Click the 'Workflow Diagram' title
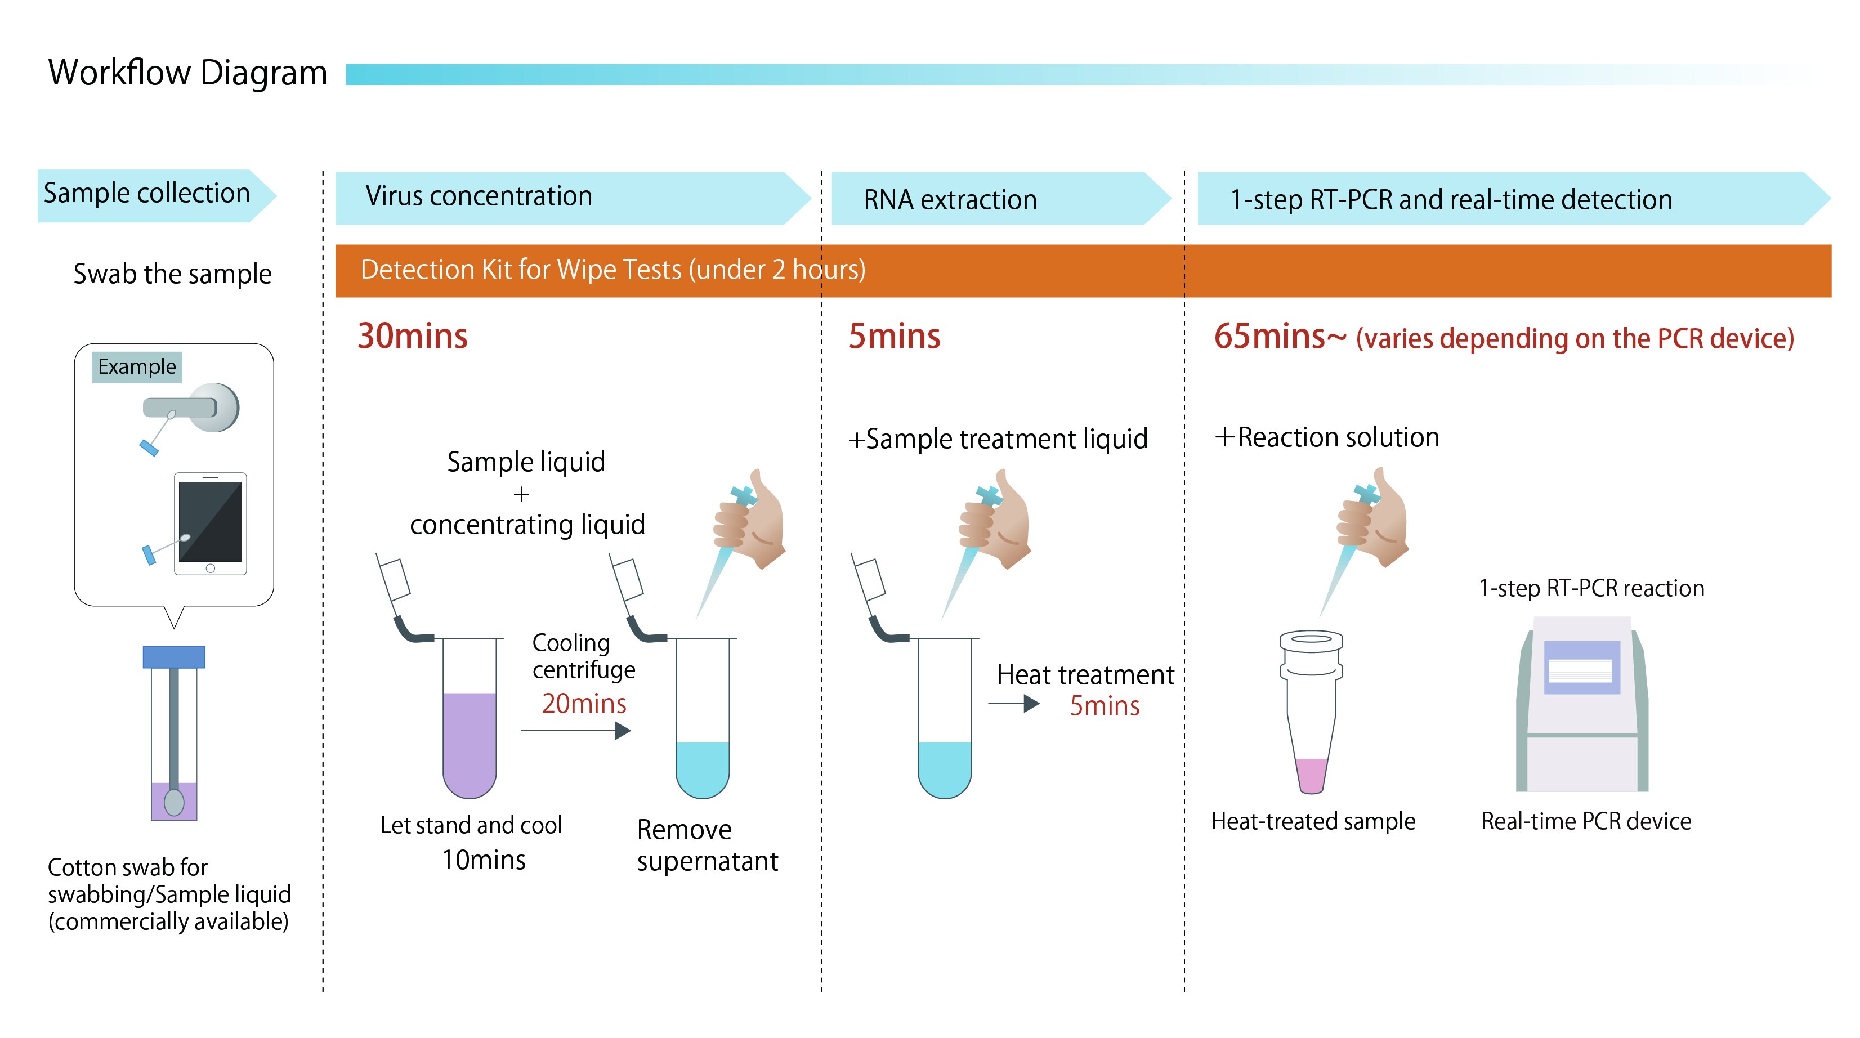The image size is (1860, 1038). point(187,73)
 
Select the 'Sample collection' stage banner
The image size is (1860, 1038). point(147,194)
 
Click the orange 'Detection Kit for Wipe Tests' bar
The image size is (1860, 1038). point(1083,271)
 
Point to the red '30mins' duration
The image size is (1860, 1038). point(412,337)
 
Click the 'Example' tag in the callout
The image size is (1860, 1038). point(136,366)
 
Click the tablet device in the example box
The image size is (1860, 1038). point(210,522)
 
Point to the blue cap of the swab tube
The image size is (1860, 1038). point(174,657)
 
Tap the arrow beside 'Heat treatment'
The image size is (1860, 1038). point(1014,704)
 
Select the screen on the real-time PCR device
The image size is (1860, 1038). point(1581,668)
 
